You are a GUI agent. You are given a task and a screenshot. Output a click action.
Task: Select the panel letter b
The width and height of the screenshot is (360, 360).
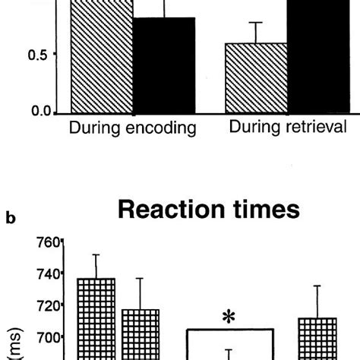[12, 220]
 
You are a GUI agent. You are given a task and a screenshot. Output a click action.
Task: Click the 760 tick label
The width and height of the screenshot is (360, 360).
[44, 243]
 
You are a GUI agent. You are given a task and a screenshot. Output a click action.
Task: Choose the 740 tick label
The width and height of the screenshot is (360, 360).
[44, 274]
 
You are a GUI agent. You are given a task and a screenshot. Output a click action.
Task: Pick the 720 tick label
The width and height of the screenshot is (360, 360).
[44, 305]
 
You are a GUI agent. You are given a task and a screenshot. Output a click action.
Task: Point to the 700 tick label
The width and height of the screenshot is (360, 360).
[44, 337]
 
